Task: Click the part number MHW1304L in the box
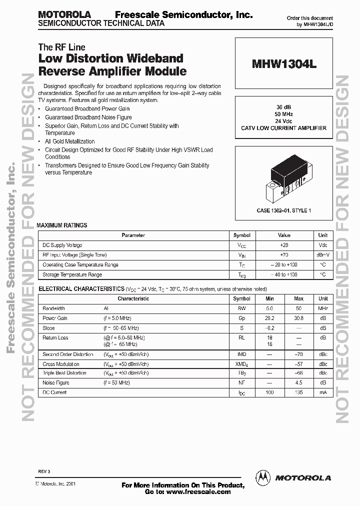[283, 65]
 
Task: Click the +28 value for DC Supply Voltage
[283, 245]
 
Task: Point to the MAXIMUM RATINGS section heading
[62, 225]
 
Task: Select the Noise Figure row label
[55, 383]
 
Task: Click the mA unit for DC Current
[323, 392]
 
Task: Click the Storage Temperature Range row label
[72, 274]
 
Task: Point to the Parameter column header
[133, 235]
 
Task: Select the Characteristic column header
[133, 298]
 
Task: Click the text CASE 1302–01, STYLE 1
[283, 211]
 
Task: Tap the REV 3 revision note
[44, 472]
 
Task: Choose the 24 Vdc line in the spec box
[283, 121]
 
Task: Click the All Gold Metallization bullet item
[69, 141]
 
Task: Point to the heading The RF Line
[61, 47]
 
